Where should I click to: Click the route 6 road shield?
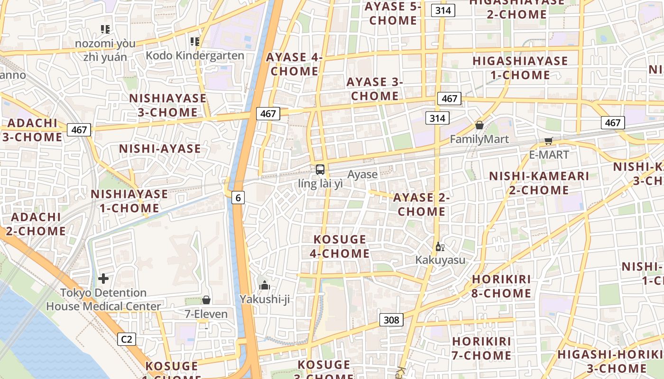[238, 198]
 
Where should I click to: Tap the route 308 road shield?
[391, 320]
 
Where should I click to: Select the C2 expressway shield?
[126, 339]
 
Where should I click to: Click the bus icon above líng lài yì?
[320, 170]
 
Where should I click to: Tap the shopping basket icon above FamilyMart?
[479, 125]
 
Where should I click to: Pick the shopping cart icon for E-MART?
[549, 141]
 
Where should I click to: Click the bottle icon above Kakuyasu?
[440, 246]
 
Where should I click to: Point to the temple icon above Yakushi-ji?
[265, 285]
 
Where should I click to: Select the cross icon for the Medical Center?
[103, 279]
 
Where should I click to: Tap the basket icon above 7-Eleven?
[206, 300]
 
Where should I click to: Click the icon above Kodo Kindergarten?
[194, 42]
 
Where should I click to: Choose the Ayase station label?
[362, 174]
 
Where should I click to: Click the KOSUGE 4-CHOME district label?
[340, 246]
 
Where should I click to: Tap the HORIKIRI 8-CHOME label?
[501, 286]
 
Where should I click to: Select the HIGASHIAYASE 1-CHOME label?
[520, 68]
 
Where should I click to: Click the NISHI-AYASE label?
[160, 149]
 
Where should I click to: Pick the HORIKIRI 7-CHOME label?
[481, 348]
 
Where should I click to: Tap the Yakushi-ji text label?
[265, 299]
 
